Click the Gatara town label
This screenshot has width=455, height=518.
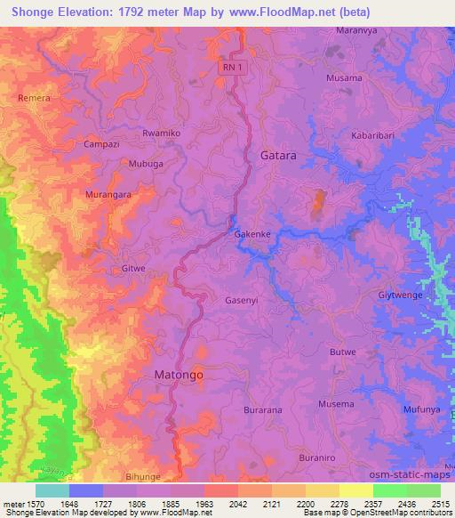click(x=278, y=155)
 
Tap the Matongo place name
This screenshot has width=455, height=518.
click(x=179, y=376)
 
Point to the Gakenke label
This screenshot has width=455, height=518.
click(x=251, y=235)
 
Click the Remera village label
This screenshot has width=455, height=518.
click(x=34, y=98)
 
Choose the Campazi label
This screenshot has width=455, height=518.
click(x=100, y=144)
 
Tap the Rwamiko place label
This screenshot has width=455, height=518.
click(x=161, y=133)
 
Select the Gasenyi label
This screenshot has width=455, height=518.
click(x=242, y=301)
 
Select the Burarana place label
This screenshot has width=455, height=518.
click(x=262, y=410)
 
